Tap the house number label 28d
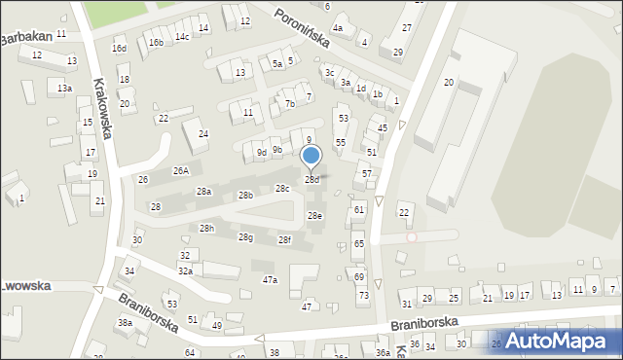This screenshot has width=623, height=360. point(312,180)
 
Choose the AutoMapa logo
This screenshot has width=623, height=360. point(562,341)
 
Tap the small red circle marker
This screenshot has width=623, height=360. point(412,236)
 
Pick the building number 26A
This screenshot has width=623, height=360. point(181,170)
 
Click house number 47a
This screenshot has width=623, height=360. point(270,280)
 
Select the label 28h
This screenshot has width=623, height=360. point(206,228)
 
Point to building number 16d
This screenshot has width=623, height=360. point(119,49)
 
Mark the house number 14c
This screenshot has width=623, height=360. point(182,37)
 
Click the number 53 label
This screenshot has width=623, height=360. point(343,118)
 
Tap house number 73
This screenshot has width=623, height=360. point(364,295)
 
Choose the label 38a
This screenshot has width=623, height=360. point(125,322)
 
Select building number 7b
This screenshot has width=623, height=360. point(289,103)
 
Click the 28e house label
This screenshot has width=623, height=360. point(314,216)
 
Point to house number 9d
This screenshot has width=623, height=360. point(261,153)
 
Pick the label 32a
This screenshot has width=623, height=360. point(185,271)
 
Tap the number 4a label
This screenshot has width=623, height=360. point(338,28)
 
